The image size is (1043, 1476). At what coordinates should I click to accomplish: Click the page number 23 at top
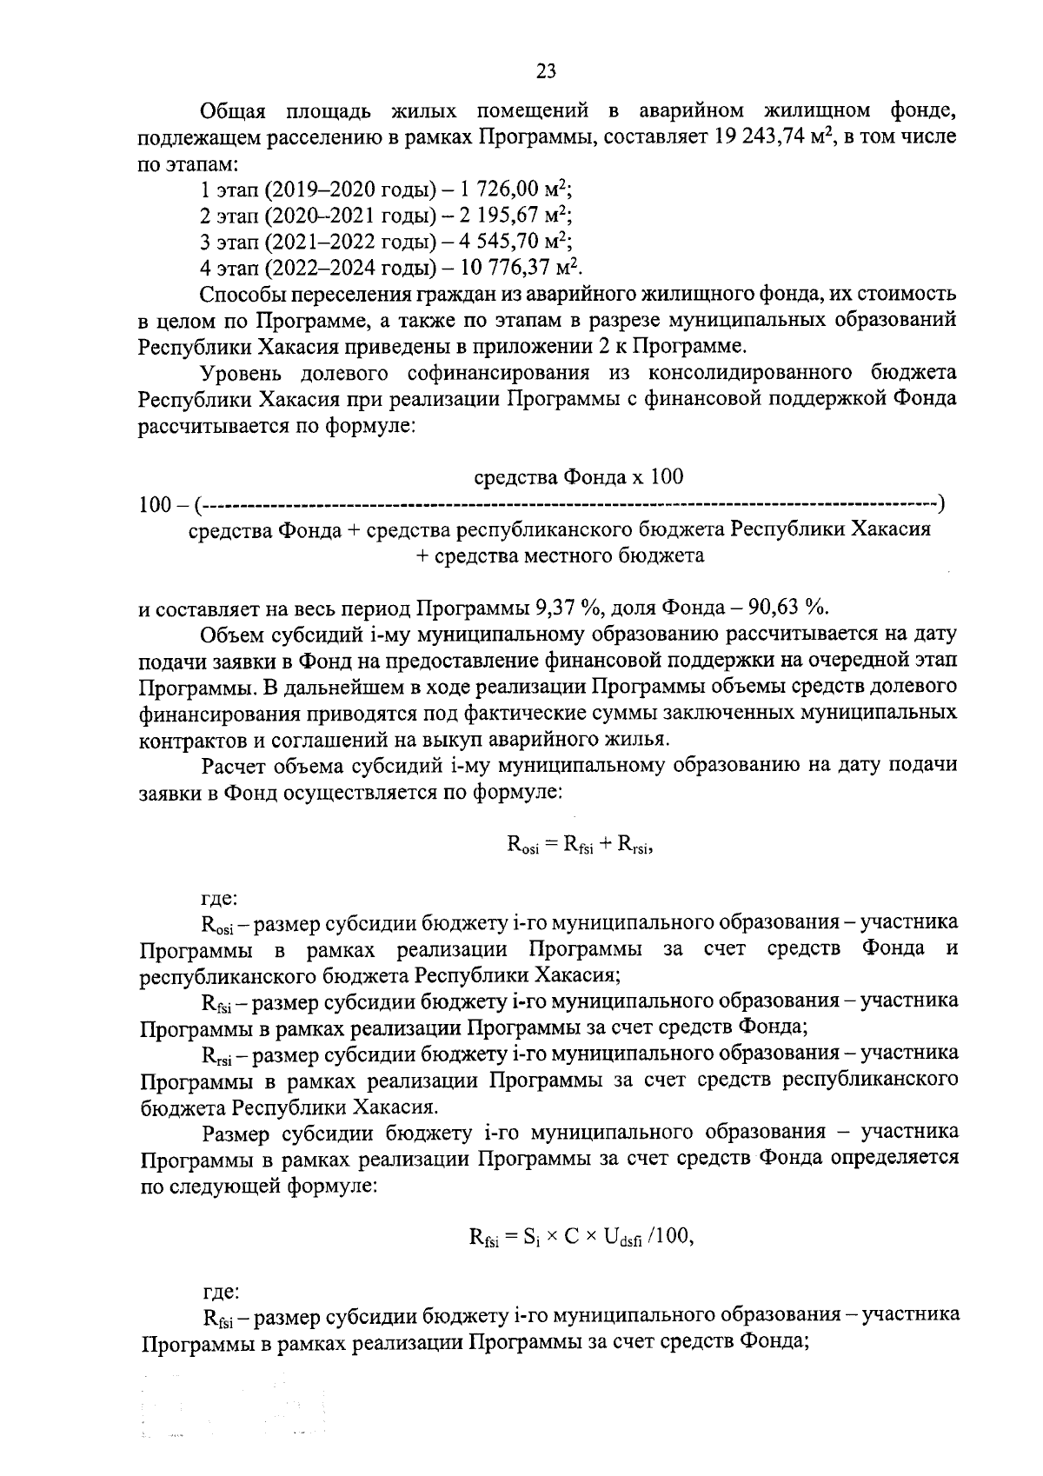pos(547,71)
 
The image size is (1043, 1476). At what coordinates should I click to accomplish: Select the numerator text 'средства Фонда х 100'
pos(578,476)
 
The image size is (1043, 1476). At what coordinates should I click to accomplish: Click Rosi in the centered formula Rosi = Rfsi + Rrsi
pos(523,845)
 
